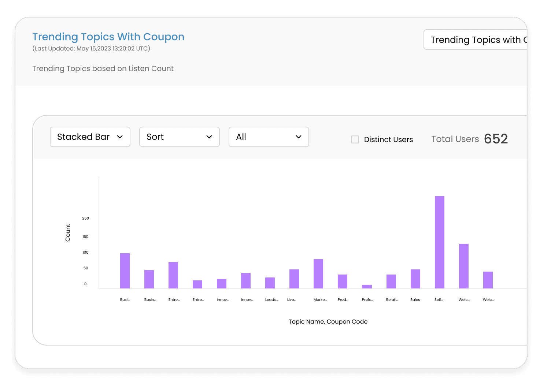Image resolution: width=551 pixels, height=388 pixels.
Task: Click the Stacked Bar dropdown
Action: [90, 137]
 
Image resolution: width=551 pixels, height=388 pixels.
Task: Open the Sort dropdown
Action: [180, 137]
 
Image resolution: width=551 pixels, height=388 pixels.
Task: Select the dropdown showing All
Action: [269, 137]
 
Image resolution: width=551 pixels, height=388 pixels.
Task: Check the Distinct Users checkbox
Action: [355, 139]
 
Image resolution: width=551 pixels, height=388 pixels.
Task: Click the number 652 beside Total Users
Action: [496, 139]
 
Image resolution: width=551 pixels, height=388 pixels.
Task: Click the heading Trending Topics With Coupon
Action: [108, 37]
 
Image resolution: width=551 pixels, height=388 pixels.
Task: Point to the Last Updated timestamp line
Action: [91, 48]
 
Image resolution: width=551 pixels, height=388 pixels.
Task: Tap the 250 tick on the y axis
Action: [86, 219]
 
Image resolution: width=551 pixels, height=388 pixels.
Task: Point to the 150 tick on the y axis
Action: [86, 237]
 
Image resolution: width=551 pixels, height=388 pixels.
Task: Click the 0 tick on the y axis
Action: [86, 284]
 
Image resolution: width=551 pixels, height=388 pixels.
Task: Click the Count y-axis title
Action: [68, 233]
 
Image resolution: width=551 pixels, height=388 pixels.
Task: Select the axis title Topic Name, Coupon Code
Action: [328, 322]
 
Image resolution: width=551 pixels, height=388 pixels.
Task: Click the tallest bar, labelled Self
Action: [440, 242]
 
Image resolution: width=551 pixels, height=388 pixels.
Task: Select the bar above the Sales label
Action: [415, 279]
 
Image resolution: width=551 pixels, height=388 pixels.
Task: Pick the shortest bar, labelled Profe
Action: [367, 287]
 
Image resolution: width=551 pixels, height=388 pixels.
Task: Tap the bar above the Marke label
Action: [318, 274]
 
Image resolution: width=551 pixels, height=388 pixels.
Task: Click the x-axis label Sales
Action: [415, 300]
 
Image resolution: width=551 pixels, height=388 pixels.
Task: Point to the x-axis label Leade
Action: [271, 300]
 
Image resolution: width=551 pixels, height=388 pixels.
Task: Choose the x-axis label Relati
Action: [392, 300]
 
